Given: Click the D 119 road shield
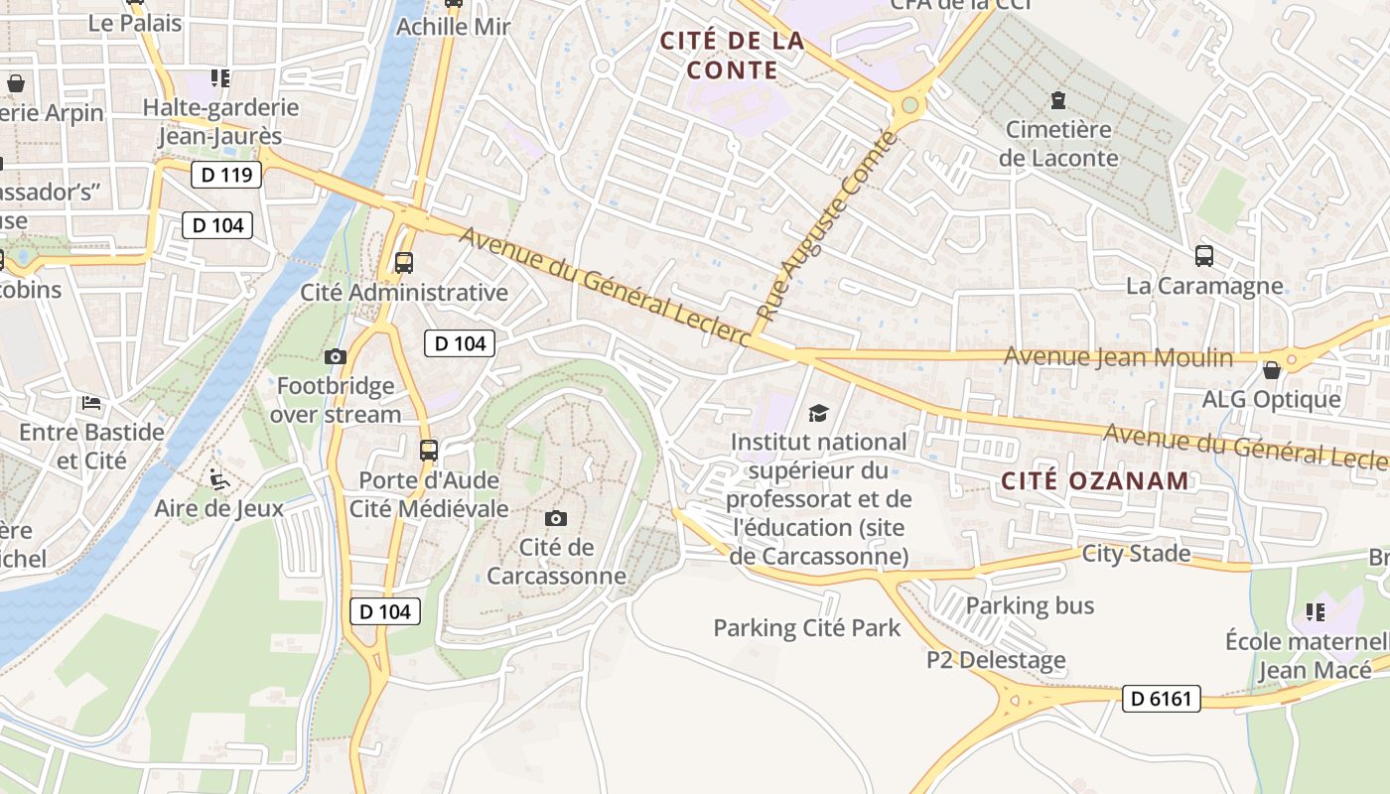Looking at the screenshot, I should click(225, 176).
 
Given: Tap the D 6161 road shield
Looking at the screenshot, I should click(1162, 699).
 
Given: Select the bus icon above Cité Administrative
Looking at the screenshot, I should click(404, 263).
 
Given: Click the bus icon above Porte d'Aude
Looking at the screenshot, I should click(428, 451).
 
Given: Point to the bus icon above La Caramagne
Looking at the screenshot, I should click(1204, 256).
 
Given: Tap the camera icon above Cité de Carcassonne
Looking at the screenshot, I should click(556, 518).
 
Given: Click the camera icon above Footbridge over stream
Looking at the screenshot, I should click(336, 356).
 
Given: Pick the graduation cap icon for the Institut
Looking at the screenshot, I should click(818, 413).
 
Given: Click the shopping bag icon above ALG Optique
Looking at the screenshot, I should click(1271, 371).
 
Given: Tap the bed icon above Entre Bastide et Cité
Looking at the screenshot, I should click(90, 403).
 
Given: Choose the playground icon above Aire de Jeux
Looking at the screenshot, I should click(219, 480).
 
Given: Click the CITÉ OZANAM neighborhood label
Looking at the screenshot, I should click(1094, 481).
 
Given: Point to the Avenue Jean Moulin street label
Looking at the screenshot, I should click(1118, 357).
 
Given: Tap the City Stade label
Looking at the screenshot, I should click(1136, 553).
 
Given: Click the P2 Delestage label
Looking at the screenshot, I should click(996, 660).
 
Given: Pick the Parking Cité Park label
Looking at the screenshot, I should click(807, 627).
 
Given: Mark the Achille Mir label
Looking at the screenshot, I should click(453, 27).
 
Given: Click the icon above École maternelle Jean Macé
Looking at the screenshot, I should click(1316, 611).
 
